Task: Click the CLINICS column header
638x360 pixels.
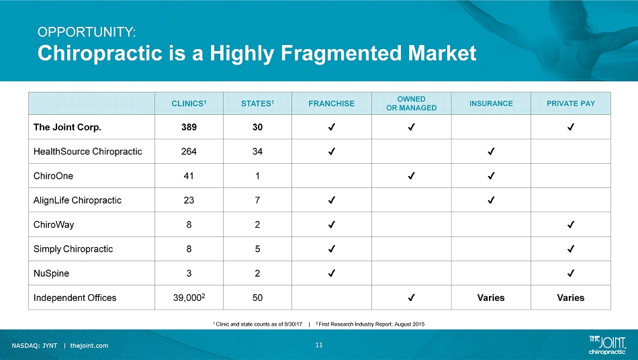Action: pyautogui.click(x=189, y=103)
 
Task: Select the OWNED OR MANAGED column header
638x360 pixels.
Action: pyautogui.click(x=412, y=103)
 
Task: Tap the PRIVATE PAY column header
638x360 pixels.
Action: pyautogui.click(x=570, y=103)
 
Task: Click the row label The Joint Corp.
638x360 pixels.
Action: pyautogui.click(x=67, y=127)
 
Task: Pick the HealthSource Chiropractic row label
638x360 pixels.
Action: pyautogui.click(x=87, y=151)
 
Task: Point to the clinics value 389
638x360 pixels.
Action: pyautogui.click(x=189, y=127)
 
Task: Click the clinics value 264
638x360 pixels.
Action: pyautogui.click(x=189, y=151)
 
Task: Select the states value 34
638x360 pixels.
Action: pyautogui.click(x=257, y=151)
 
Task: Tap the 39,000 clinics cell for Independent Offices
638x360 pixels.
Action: pyautogui.click(x=189, y=298)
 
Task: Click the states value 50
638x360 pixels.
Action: pyautogui.click(x=257, y=298)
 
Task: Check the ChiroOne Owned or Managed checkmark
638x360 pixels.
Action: pyautogui.click(x=412, y=176)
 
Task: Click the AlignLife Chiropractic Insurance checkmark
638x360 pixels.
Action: pyautogui.click(x=491, y=200)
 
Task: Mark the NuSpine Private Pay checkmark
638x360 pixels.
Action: pyautogui.click(x=570, y=273)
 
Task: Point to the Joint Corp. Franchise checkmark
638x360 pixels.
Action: pyautogui.click(x=331, y=127)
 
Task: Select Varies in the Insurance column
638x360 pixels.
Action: pyautogui.click(x=491, y=298)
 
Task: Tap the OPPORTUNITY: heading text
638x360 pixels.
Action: pyautogui.click(x=87, y=32)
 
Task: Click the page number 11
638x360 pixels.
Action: pyautogui.click(x=318, y=345)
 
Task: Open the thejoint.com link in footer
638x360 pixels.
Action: pyautogui.click(x=89, y=346)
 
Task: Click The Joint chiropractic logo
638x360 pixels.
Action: pyautogui.click(x=607, y=345)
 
